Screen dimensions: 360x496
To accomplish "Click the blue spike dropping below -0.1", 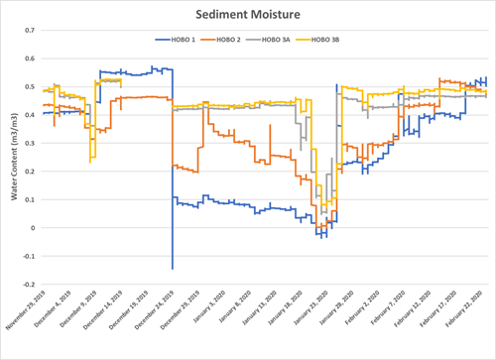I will (172, 267).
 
